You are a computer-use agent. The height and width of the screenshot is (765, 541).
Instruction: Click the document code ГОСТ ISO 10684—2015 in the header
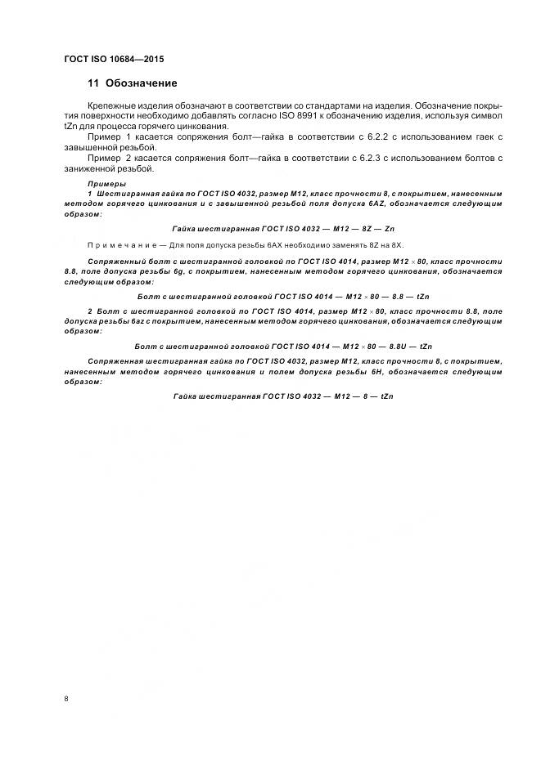point(119,60)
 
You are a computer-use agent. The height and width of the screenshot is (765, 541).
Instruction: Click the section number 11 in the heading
point(92,83)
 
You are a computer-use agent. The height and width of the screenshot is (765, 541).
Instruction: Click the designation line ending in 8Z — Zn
point(284,229)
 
